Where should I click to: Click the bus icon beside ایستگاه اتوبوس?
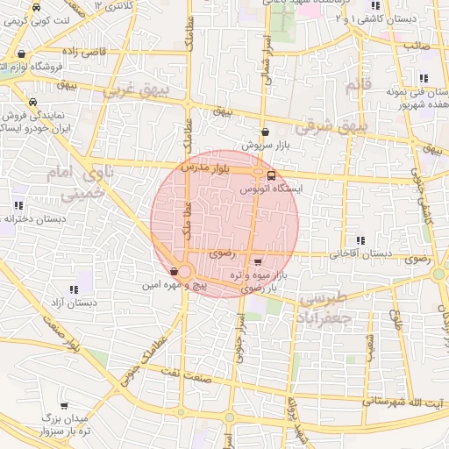pyautogui.click(x=270, y=175)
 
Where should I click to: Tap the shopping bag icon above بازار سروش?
pyautogui.click(x=264, y=132)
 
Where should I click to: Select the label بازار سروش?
pyautogui.click(x=265, y=144)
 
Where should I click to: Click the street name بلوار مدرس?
pyautogui.click(x=204, y=166)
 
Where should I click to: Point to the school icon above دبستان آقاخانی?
pyautogui.click(x=360, y=240)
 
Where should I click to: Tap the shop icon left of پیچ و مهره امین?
pyautogui.click(x=175, y=272)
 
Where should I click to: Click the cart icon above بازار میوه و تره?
pyautogui.click(x=256, y=261)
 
